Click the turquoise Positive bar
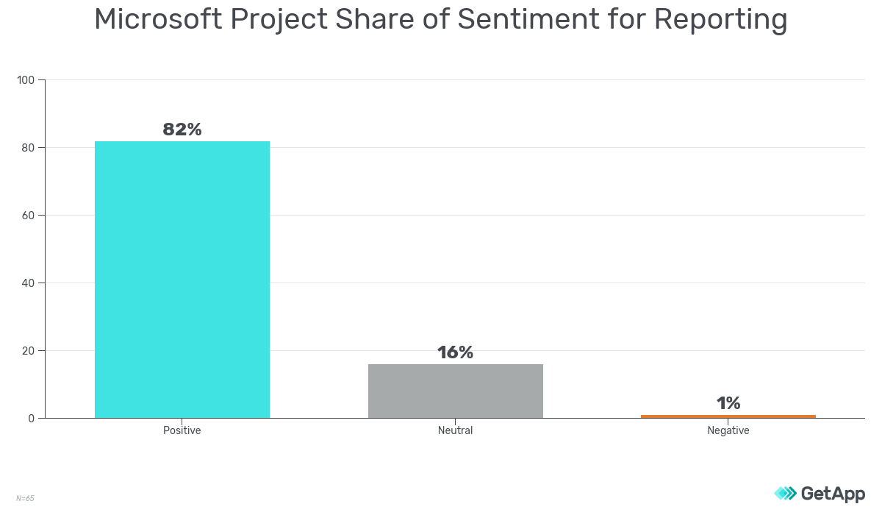182,280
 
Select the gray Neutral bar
455,391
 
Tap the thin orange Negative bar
728,416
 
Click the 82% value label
182,129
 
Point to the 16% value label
455,352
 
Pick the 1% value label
728,403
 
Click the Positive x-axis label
182,430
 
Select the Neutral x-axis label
455,430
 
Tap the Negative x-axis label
728,430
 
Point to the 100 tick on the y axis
26,80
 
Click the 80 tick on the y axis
29,148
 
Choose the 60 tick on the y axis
29,216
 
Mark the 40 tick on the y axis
29,283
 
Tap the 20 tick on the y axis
29,351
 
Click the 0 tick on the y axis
32,419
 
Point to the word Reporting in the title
720,20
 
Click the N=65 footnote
25,498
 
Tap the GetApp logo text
832,494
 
